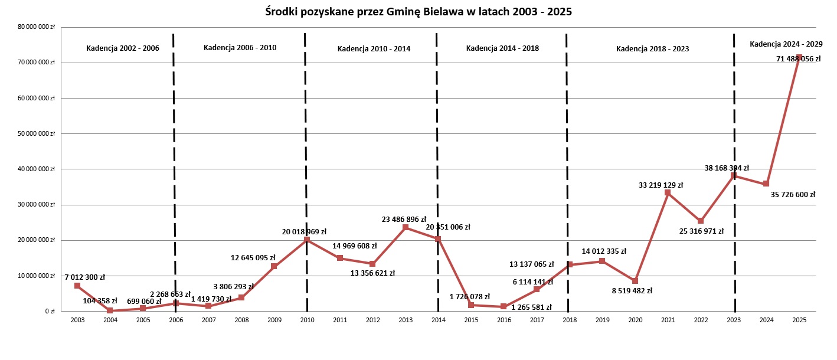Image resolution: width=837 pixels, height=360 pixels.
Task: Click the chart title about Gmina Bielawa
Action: pos(418,12)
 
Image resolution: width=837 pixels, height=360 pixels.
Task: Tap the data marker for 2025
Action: pos(799,57)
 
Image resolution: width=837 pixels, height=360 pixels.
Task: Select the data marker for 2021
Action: pos(668,192)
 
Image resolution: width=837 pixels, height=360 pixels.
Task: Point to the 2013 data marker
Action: pos(405,227)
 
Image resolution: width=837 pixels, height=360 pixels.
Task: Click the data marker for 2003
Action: pos(77,286)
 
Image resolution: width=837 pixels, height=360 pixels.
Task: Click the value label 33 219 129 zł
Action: pos(661,185)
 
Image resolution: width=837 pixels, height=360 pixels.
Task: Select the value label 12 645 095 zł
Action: pos(253,257)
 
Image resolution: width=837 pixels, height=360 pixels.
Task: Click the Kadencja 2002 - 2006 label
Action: pos(123,48)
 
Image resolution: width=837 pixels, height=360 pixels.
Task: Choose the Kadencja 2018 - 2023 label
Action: pos(652,49)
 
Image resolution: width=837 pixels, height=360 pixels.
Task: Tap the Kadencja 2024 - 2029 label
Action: pos(786,44)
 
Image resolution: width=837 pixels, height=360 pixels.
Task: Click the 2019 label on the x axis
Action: pos(602,319)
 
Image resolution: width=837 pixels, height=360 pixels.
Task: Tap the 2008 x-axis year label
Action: pos(241,319)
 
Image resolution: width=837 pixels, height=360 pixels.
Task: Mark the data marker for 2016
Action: pos(503,306)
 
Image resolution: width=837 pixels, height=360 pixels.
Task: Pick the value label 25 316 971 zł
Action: pos(701,231)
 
